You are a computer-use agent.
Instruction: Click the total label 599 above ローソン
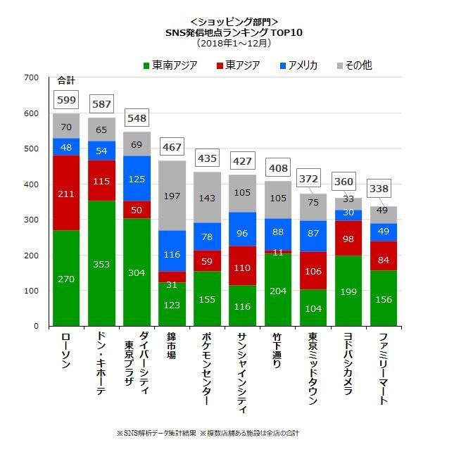(x=66, y=101)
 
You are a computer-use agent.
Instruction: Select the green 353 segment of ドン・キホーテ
(x=102, y=264)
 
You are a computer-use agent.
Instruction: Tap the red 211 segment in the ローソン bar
(x=66, y=193)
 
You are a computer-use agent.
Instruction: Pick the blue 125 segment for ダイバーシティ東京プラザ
(x=137, y=179)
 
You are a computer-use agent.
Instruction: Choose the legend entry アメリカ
(x=298, y=65)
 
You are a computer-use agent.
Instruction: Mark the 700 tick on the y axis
(x=32, y=77)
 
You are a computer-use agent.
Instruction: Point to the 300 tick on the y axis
(x=32, y=220)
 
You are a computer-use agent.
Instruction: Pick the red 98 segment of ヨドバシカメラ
(x=348, y=239)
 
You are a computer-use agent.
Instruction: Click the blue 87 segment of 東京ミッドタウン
(x=313, y=232)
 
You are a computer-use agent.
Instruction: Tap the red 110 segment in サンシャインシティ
(x=243, y=268)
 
